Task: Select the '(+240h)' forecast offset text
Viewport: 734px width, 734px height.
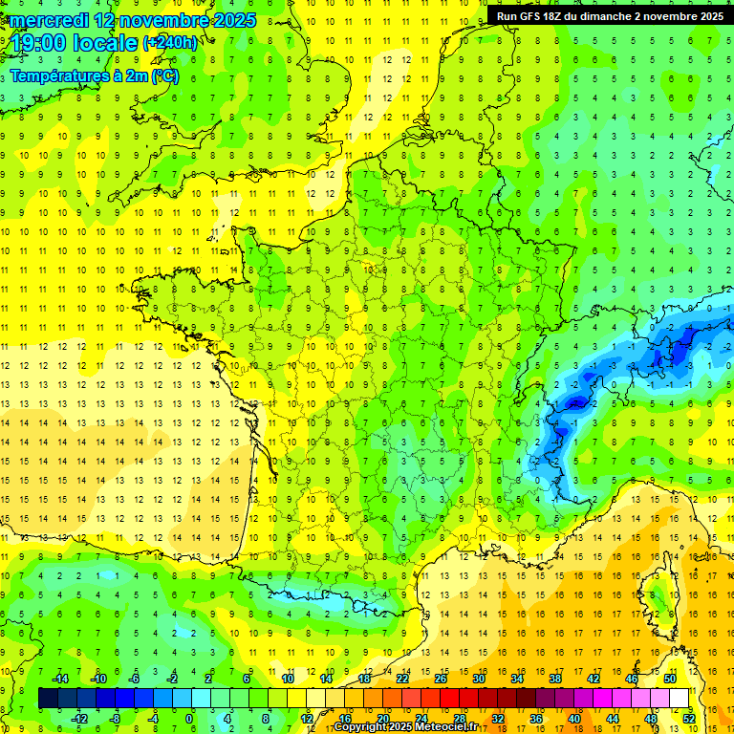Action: (170, 42)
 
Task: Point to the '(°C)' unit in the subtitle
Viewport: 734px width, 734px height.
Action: (164, 76)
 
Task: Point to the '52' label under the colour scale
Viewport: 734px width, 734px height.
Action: (689, 718)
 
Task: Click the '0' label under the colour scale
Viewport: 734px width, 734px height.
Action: (189, 718)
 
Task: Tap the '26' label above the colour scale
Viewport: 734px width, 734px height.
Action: (441, 679)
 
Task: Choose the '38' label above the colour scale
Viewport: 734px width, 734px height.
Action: (555, 679)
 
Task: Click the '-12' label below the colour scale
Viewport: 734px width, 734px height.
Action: (79, 718)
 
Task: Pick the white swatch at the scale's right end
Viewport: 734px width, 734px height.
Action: (679, 699)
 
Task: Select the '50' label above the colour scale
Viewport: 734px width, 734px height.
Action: (670, 679)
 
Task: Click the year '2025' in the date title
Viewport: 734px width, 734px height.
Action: (232, 19)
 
